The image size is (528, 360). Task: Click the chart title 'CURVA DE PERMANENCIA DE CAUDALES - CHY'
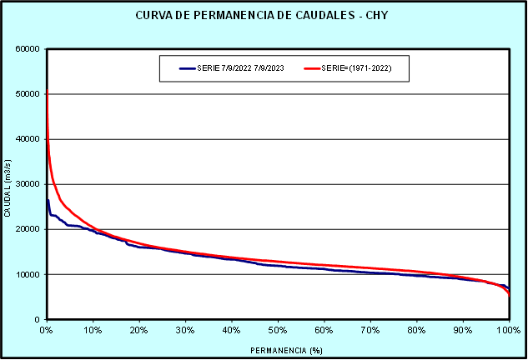[264, 17]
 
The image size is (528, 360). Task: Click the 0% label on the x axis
[47, 330]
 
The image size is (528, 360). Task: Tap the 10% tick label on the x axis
[93, 330]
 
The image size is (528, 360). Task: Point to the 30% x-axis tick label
[185, 330]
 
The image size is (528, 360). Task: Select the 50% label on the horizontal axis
[278, 330]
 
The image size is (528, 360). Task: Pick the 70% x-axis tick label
[370, 330]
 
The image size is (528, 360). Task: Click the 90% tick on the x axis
[463, 330]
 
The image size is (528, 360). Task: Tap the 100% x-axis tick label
[508, 330]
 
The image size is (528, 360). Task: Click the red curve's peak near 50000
[47, 90]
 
